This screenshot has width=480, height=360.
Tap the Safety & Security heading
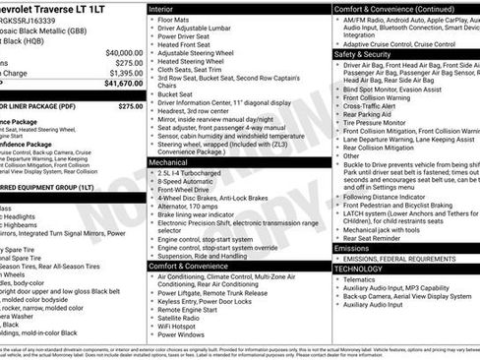click(365, 54)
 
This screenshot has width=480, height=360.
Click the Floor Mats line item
click(175, 18)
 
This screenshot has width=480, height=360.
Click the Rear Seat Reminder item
click(374, 236)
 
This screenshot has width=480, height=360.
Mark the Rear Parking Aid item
click(370, 114)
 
